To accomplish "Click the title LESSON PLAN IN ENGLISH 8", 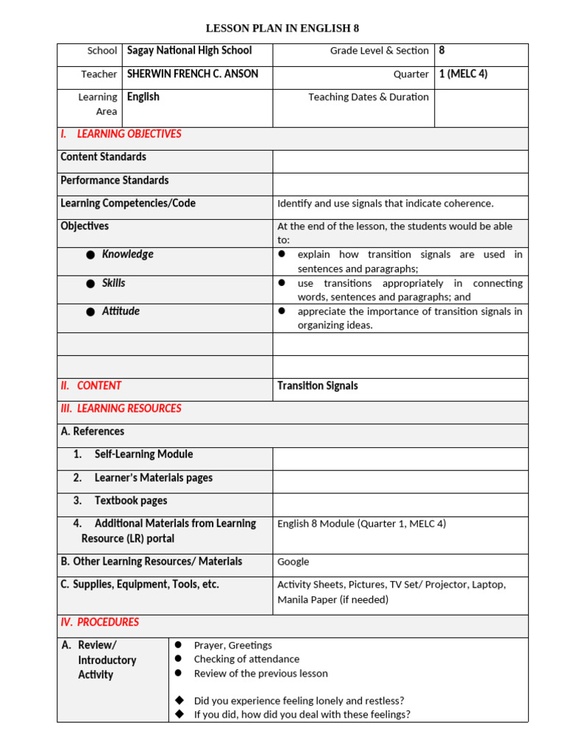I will coord(282,29).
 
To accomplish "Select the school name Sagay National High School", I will coord(189,51).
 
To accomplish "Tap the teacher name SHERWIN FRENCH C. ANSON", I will coord(192,74).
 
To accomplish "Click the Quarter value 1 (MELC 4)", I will coord(463,74).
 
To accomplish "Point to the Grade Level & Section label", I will coord(379,51).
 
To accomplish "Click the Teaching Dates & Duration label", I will coord(368,97).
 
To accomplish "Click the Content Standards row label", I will coord(103,157).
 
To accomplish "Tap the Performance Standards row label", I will coord(114,180).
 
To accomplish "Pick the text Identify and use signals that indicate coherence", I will coord(385,204).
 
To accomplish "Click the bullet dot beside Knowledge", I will coord(90,255).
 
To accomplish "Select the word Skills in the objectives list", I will coord(113,283).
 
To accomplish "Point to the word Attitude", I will coord(121,311).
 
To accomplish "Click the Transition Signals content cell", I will coord(317,385).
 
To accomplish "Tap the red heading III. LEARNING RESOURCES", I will coord(121,408).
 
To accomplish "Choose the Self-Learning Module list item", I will coord(143,454).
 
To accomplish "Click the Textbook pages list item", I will coord(130,501).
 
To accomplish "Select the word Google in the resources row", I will coord(293,562).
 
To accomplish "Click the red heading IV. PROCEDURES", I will coord(99,622).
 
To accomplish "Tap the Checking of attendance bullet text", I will coord(246,659).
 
